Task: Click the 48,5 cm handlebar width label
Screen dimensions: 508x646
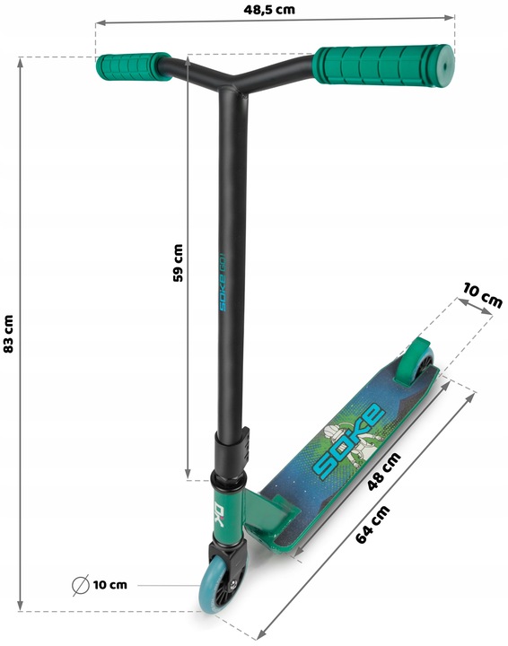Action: click(x=269, y=10)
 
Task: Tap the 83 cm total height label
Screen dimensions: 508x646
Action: click(x=8, y=334)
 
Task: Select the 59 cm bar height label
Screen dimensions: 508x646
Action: click(x=178, y=263)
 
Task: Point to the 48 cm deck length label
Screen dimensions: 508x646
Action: click(x=383, y=472)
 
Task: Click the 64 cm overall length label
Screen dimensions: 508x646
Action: click(x=372, y=524)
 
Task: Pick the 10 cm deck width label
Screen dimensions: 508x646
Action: click(x=483, y=295)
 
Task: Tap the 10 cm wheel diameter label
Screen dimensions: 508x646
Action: click(x=110, y=585)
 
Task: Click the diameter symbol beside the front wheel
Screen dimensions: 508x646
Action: click(x=81, y=585)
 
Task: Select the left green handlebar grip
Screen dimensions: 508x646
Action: click(x=133, y=66)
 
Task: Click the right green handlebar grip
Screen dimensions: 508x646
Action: click(x=383, y=65)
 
